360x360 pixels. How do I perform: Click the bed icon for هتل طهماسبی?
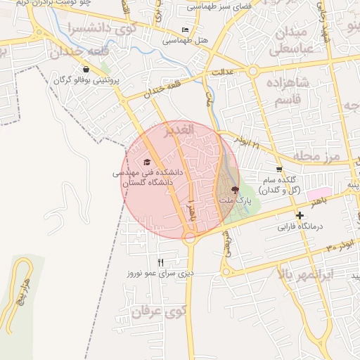point(186,30)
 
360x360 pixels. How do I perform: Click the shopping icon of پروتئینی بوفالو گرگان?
point(86,69)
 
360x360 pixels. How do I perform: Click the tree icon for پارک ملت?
point(235,190)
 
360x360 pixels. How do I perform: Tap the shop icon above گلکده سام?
point(280,169)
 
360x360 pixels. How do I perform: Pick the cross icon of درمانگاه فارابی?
point(300,215)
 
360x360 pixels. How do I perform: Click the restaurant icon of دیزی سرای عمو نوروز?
point(160,262)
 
